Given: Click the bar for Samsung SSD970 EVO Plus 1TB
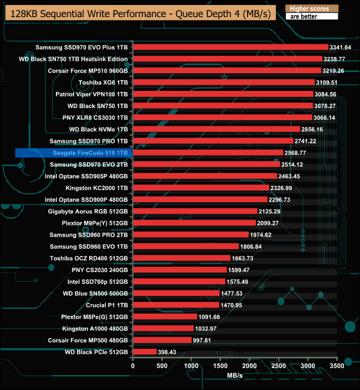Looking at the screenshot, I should [x=230, y=48].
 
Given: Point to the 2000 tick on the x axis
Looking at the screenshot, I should [x=250, y=366].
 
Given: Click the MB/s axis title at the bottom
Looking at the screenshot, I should [x=235, y=376].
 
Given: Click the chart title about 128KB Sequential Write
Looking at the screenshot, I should [x=139, y=13].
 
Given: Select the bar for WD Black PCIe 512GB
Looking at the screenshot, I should [x=145, y=352].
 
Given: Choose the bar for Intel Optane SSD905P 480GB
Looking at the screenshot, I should [x=205, y=176].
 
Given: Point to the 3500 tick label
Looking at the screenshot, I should [x=337, y=366].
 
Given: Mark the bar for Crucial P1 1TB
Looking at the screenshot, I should [x=176, y=305].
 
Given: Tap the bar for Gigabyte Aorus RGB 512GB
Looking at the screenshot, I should [x=195, y=211].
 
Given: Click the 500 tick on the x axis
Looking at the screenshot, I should [x=162, y=366].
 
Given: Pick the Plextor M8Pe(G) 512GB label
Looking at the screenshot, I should [x=95, y=317].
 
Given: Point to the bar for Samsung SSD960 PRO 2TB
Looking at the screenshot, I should [x=191, y=235].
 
